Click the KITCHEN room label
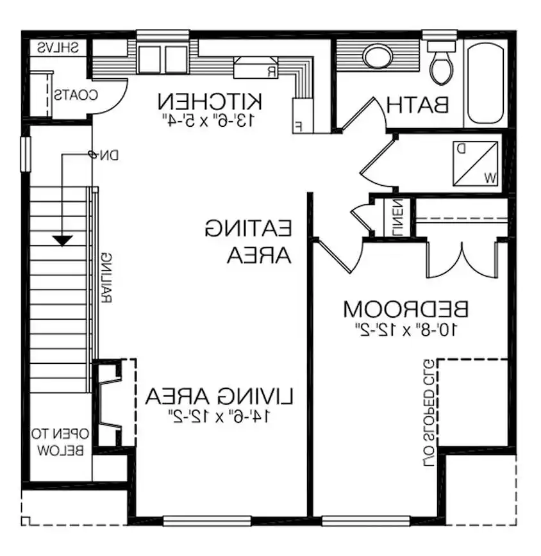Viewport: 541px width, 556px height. coord(210,101)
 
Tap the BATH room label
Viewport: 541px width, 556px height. coord(417,104)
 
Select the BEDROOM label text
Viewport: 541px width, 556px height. coord(406,309)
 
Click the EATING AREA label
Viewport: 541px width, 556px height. coord(249,241)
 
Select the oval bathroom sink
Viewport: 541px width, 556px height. coord(378,57)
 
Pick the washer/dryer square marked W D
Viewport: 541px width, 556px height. coord(476,162)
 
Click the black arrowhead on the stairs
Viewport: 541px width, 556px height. coord(62,240)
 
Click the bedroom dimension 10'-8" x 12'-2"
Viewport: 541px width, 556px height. coord(406,330)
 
